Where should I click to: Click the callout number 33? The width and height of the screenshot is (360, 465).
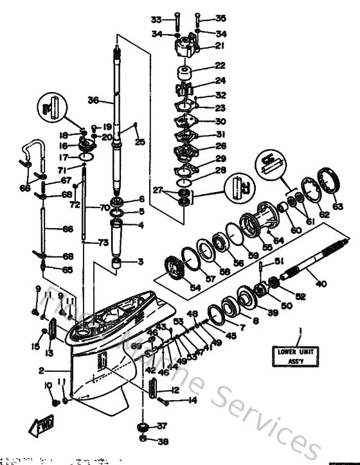pyautogui.click(x=156, y=19)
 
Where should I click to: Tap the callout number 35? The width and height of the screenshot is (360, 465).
pyautogui.click(x=221, y=18)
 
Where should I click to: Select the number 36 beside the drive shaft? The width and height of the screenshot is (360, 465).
pyautogui.click(x=93, y=100)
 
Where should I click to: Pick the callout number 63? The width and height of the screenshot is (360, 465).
pyautogui.click(x=337, y=206)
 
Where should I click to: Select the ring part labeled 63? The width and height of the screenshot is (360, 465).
pyautogui.click(x=332, y=178)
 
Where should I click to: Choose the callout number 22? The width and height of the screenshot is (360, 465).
pyautogui.click(x=221, y=66)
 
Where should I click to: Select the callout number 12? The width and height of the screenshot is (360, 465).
pyautogui.click(x=175, y=389)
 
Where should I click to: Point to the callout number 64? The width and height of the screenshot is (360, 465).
pyautogui.click(x=278, y=241)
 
